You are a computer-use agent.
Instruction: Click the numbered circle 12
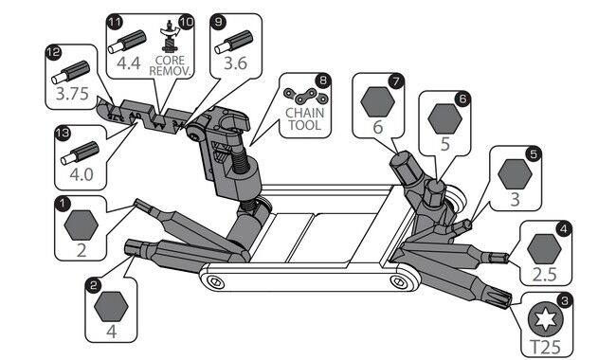[53, 52]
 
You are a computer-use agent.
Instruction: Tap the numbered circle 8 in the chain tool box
[323, 81]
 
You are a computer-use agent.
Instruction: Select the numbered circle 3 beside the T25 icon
[565, 301]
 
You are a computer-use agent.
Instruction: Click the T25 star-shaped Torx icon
[546, 319]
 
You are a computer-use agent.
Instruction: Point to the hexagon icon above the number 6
[377, 101]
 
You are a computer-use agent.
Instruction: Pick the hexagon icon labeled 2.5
[545, 249]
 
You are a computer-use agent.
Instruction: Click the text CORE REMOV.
[170, 65]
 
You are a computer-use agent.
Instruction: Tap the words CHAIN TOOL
[304, 119]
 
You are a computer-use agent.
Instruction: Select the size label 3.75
[72, 94]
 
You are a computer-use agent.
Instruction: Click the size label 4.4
[129, 63]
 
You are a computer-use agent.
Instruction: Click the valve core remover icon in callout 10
[170, 36]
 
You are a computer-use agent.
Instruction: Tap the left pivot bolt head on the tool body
[214, 281]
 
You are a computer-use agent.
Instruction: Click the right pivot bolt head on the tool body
[398, 281]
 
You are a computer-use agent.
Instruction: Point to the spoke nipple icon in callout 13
[80, 153]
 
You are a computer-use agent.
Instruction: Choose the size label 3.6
[235, 63]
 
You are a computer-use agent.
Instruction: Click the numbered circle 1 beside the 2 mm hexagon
[63, 204]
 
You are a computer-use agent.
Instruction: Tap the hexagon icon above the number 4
[111, 306]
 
